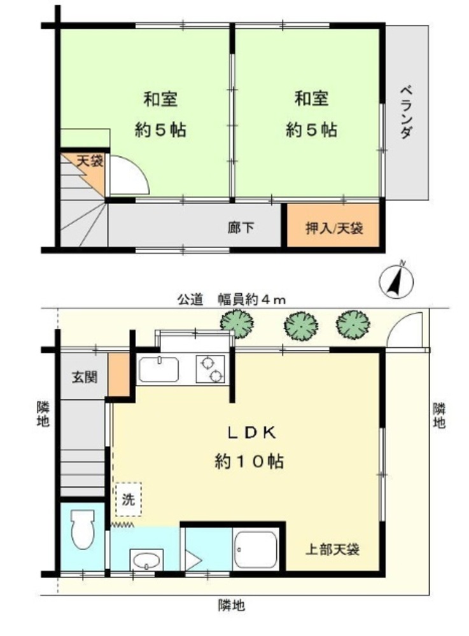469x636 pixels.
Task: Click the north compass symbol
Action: coord(396,280)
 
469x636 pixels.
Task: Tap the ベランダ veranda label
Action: coord(407,112)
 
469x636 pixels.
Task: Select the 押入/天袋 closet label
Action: coord(333,228)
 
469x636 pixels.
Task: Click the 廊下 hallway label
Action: coord(241,228)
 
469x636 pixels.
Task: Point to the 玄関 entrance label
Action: coord(85,377)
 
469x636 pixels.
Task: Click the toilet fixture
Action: coord(82,529)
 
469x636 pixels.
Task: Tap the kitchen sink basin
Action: coord(158,370)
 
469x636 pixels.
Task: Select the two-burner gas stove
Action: coord(210,369)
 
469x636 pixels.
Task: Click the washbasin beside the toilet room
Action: coord(146,560)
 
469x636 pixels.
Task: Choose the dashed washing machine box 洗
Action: coord(128,499)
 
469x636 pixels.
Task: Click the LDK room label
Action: coord(251,432)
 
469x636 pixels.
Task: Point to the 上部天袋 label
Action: coord(332,550)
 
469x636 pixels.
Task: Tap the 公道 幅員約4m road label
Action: coord(231,300)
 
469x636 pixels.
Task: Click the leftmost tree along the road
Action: coord(237,324)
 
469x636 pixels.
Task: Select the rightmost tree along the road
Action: coord(353,324)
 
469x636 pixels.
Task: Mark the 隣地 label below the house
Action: coord(231,605)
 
